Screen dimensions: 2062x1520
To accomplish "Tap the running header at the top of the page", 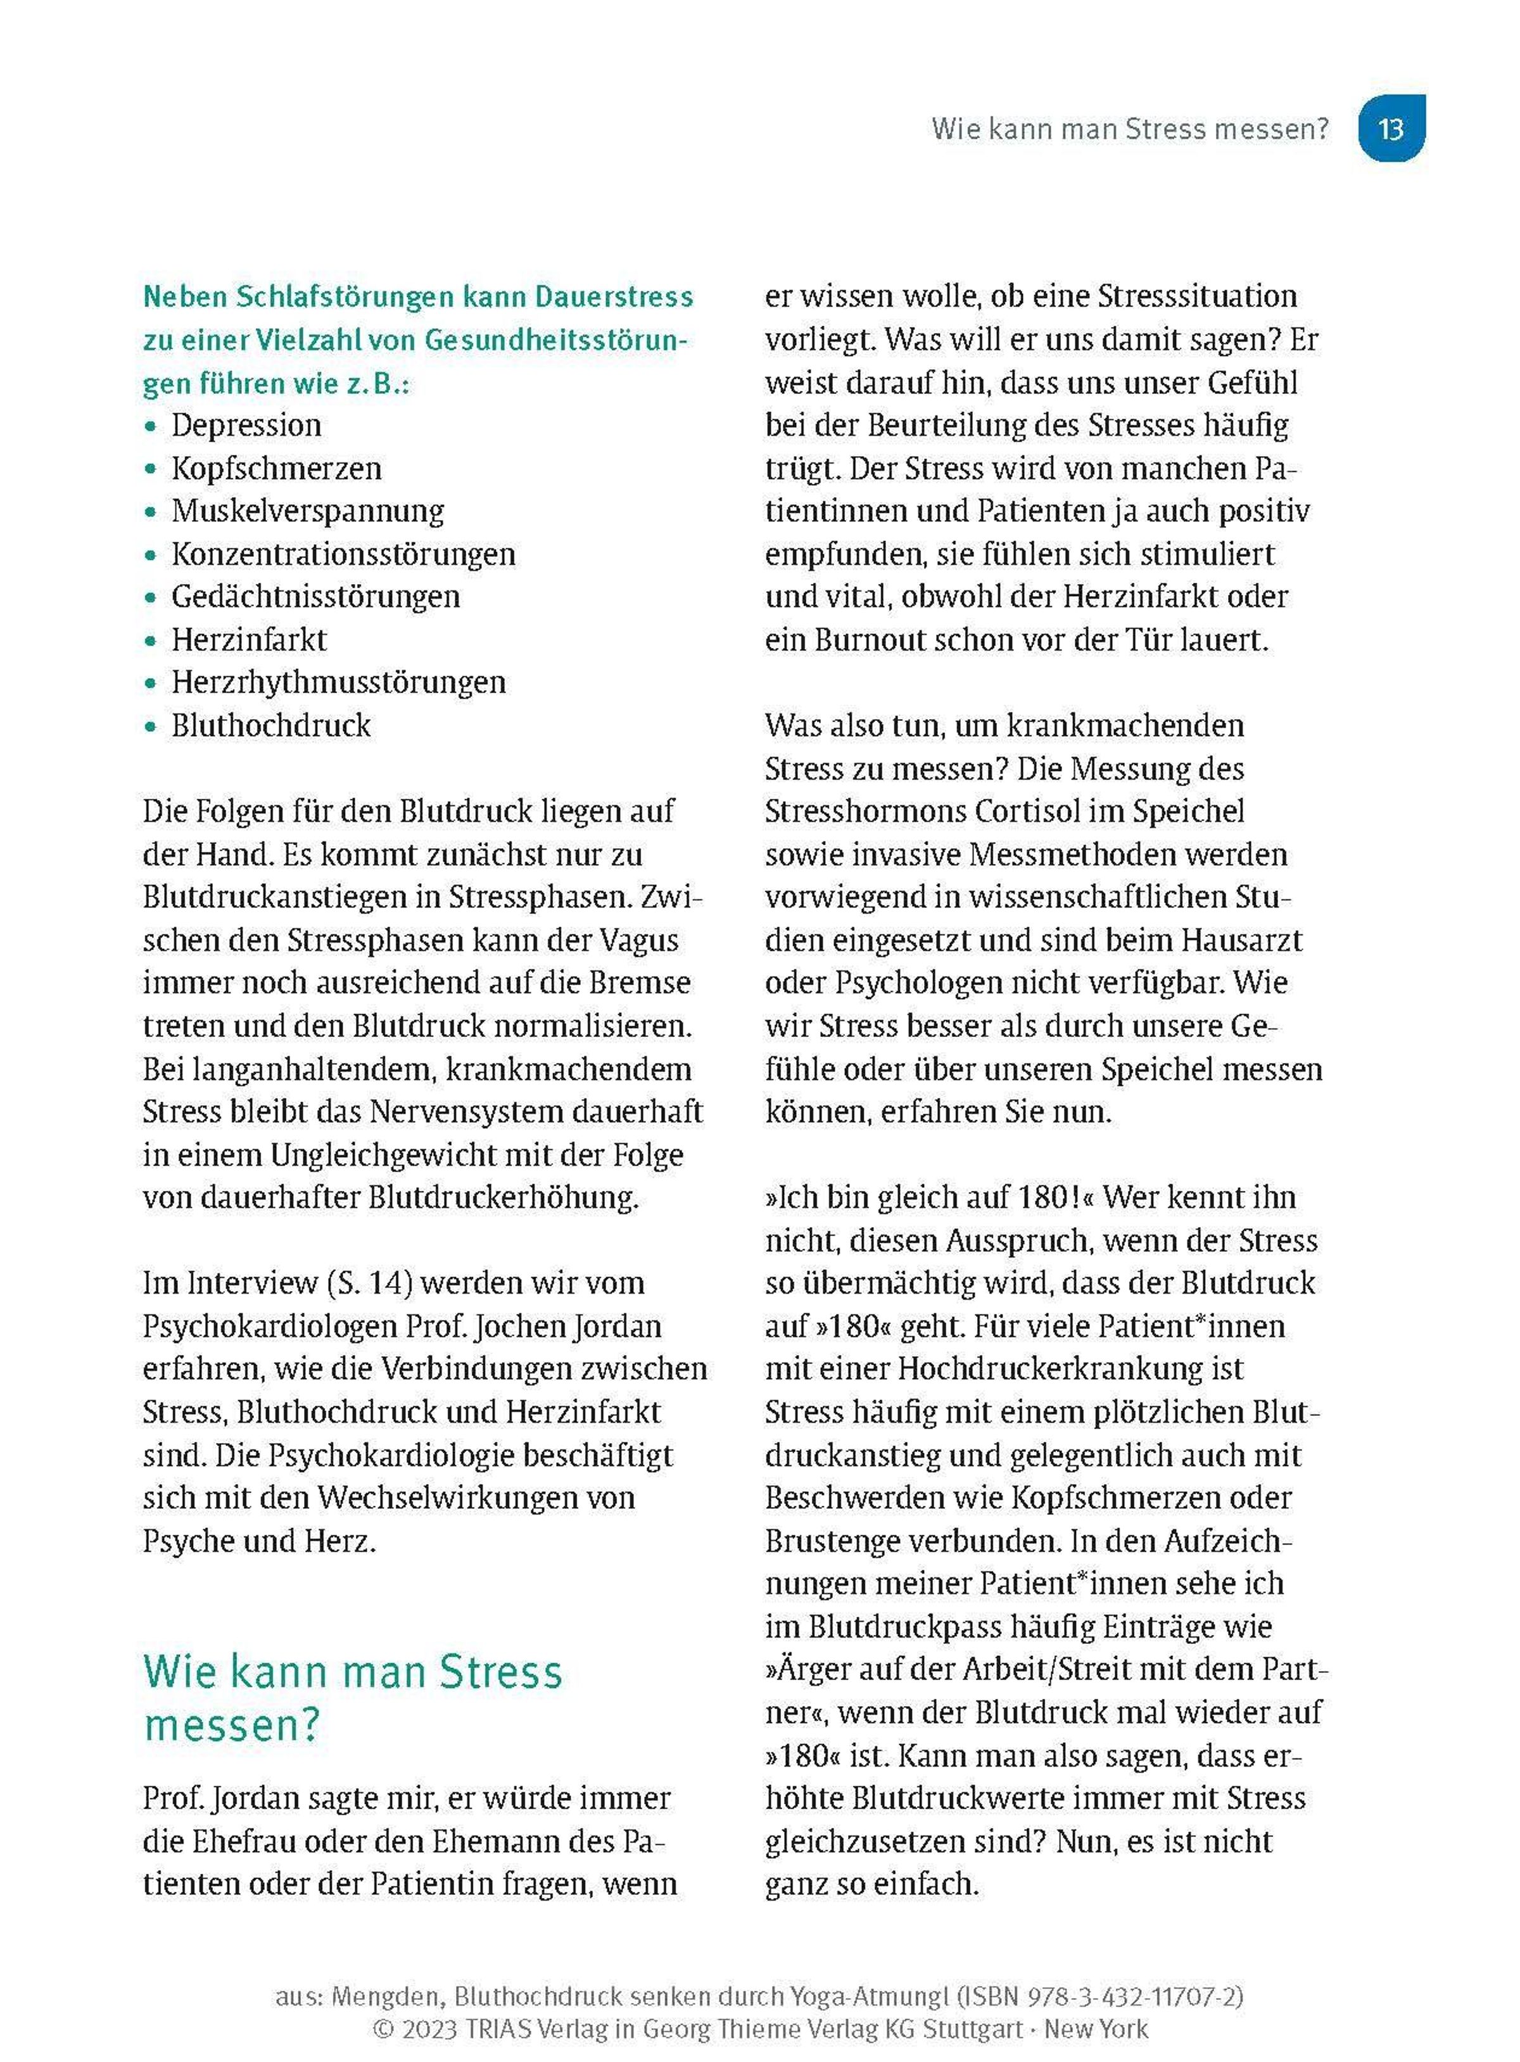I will [x=1130, y=128].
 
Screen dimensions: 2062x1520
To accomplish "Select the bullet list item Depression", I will [x=246, y=425].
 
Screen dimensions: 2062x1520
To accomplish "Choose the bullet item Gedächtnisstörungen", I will [x=315, y=596].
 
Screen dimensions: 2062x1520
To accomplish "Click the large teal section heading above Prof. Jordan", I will [x=352, y=1698].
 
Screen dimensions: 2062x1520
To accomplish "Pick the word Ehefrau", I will [x=243, y=1841].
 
